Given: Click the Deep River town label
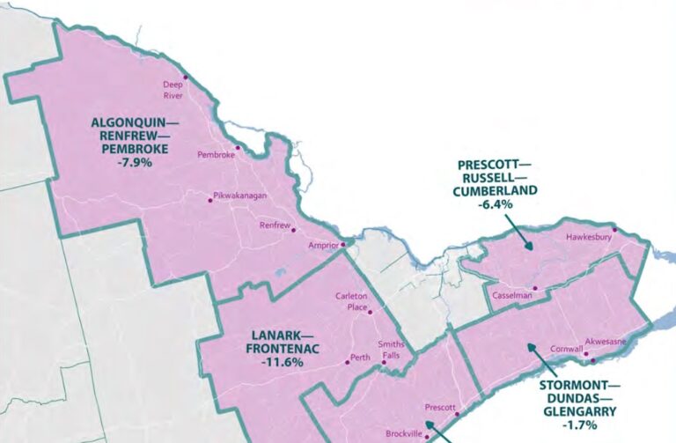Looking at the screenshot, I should (x=173, y=91).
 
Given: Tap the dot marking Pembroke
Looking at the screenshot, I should (x=237, y=147).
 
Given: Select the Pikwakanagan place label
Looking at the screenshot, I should (x=240, y=196).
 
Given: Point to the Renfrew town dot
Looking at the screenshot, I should (x=292, y=230).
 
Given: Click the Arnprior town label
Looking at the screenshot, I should (x=323, y=245).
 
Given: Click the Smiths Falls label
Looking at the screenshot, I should (x=391, y=350).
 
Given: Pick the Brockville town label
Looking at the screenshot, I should (x=403, y=434).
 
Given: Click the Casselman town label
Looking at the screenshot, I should (x=511, y=295).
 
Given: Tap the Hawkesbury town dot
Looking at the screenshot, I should (x=615, y=230).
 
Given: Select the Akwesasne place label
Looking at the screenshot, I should (x=606, y=342).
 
